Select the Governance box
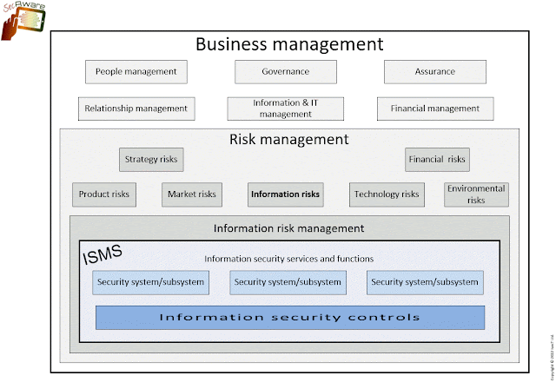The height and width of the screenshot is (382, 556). [285, 71]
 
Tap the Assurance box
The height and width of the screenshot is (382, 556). [434, 71]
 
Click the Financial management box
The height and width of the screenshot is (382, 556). [435, 109]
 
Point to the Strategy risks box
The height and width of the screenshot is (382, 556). [152, 159]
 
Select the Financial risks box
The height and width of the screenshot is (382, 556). [436, 159]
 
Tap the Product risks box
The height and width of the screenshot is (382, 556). [103, 194]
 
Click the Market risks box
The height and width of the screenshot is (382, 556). [190, 194]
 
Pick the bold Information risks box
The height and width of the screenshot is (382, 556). [285, 194]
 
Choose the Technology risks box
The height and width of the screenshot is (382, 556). [387, 194]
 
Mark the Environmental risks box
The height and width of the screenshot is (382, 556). [475, 194]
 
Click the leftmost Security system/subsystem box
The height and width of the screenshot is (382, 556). [151, 282]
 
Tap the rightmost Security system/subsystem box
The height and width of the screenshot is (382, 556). [425, 282]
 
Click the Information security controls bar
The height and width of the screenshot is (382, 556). [289, 317]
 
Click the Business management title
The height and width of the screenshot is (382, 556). [288, 43]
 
